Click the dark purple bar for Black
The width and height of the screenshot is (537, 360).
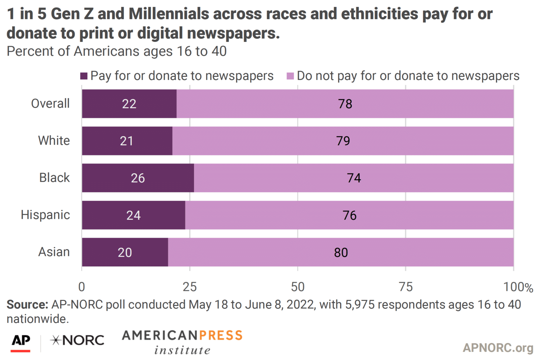tap(138, 178)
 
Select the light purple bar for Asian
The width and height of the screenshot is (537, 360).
tap(341, 252)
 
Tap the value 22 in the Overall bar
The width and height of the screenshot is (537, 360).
tap(129, 104)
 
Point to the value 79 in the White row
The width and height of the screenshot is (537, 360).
tap(343, 141)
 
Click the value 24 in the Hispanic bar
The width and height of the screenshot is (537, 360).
tap(133, 215)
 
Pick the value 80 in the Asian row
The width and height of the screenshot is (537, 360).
tap(341, 253)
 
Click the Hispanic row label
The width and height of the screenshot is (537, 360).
tap(45, 215)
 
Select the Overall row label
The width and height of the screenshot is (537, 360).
tap(50, 103)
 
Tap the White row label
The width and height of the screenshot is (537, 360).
tap(54, 141)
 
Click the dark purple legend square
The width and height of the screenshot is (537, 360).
tap(84, 76)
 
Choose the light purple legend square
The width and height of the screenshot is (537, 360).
tap(290, 76)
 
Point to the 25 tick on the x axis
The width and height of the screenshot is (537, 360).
tap(190, 287)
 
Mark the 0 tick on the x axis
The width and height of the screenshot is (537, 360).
tap(82, 287)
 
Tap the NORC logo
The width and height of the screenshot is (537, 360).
tap(77, 340)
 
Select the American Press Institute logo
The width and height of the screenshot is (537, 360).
tap(182, 342)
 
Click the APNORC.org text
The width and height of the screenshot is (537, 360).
tap(498, 347)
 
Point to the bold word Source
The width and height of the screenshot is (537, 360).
tap(27, 305)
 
